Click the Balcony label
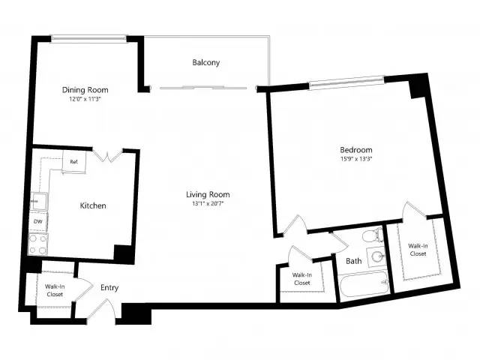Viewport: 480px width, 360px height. coord(206,62)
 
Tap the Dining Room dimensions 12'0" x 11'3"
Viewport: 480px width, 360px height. coord(85,99)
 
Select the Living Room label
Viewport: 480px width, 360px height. coord(208,195)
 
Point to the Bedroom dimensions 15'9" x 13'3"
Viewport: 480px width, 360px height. coord(356,159)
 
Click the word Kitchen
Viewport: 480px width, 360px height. coord(93,205)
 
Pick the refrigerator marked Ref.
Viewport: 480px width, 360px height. coord(74,162)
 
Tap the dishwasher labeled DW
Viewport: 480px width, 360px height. coord(38,221)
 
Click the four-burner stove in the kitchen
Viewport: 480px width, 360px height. coord(38,244)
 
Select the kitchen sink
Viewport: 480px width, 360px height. coord(39,201)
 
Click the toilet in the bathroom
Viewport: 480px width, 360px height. coord(372,235)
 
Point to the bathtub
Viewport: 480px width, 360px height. coord(364,283)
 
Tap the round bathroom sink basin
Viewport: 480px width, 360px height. coord(376,256)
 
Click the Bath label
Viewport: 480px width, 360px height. coord(353,261)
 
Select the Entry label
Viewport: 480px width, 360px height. coord(109,288)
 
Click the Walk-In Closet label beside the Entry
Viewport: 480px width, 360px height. coord(55,290)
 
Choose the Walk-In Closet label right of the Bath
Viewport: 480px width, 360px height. coord(418,250)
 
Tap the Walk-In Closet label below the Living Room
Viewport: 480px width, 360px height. coord(302,279)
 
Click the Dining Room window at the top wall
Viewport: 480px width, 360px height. coord(88,38)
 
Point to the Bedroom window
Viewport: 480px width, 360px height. coord(346,82)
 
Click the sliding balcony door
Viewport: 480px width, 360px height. coord(203,88)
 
